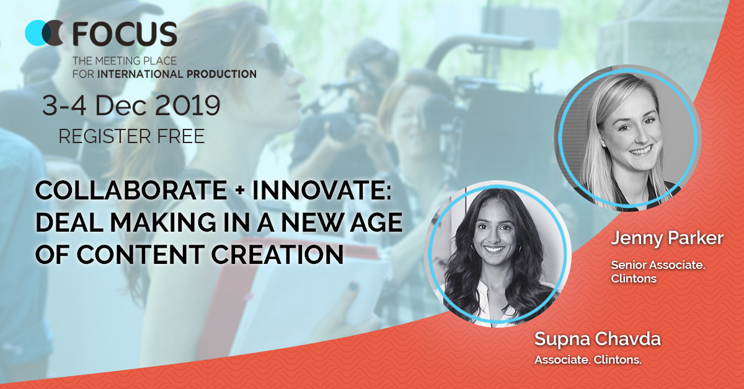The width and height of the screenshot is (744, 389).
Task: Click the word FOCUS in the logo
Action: point(125,34)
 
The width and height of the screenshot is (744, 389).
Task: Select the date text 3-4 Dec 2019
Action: point(131,105)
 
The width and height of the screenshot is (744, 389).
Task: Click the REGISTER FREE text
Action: point(131,136)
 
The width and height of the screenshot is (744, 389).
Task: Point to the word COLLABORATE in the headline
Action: point(131,191)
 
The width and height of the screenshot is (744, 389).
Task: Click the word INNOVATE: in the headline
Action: point(322,191)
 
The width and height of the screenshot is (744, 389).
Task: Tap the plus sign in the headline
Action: point(240,191)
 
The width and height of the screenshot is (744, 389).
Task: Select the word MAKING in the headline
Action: point(163,222)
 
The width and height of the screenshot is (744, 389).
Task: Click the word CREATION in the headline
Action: point(277,255)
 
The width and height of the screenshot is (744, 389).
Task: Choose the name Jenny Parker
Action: point(667,238)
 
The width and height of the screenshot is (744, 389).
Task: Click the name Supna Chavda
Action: point(598,339)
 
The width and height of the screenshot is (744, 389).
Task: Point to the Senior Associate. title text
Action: point(658,265)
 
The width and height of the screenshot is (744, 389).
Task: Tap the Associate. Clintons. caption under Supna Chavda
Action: point(588,360)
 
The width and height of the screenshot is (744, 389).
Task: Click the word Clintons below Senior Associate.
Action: point(634,279)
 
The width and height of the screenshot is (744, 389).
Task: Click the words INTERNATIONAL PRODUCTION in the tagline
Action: point(177,74)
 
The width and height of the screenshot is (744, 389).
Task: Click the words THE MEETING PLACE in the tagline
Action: point(125,61)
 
